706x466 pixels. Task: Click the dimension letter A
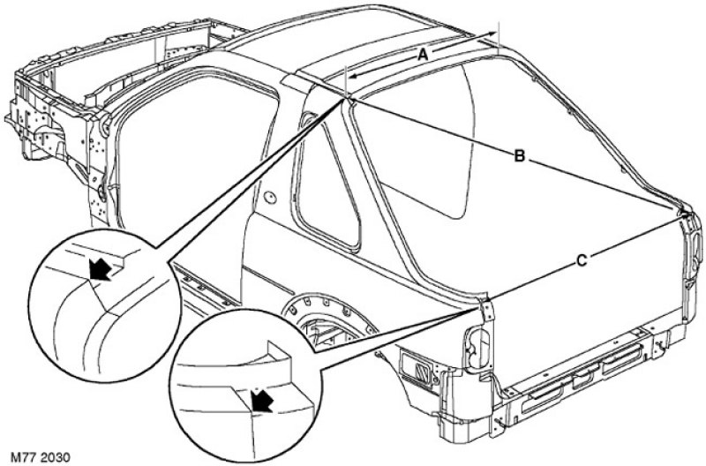[423, 56]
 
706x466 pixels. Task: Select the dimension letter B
[519, 156]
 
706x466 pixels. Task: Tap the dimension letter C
[582, 260]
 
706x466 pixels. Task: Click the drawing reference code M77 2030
[41, 458]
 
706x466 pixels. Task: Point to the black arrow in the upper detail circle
[100, 269]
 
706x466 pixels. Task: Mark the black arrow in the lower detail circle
[261, 400]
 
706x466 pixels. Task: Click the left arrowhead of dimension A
[355, 75]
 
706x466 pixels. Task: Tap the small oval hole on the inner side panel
[270, 198]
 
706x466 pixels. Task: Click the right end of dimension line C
[687, 216]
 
